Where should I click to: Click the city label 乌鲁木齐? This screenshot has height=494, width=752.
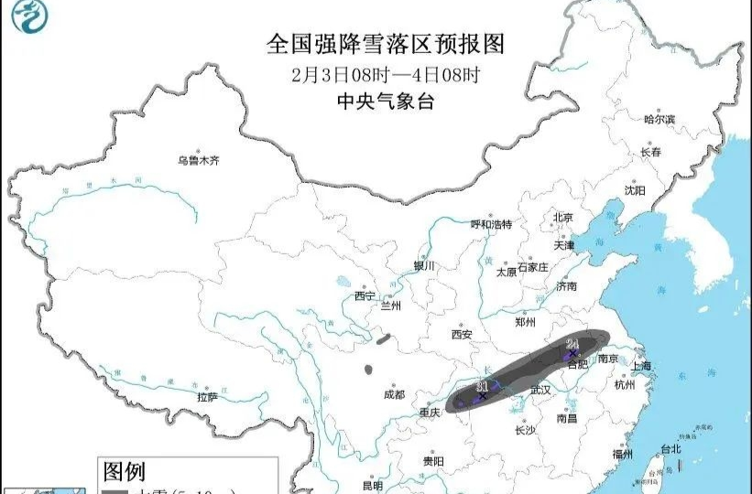tap(199, 161)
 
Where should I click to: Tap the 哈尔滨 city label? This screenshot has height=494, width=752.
tap(659, 119)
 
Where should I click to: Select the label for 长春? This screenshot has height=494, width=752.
tap(650, 152)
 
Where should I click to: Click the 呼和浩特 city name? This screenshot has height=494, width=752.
tap(491, 224)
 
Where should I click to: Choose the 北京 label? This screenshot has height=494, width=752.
tap(561, 218)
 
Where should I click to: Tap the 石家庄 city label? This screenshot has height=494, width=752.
tap(531, 267)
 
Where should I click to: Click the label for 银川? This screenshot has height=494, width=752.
tap(423, 266)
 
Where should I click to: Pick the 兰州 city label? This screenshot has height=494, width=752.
tap(389, 306)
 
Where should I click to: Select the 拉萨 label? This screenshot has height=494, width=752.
tap(207, 397)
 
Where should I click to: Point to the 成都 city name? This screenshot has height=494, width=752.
tap(394, 395)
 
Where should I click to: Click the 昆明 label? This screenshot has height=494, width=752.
tap(372, 485)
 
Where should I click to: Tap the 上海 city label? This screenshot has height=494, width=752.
tap(642, 366)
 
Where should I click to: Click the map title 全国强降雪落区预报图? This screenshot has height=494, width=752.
tap(385, 43)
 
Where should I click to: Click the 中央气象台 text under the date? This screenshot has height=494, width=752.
tap(385, 101)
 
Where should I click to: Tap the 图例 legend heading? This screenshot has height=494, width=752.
tap(124, 472)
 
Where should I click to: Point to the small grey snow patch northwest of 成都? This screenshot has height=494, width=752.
tap(368, 370)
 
